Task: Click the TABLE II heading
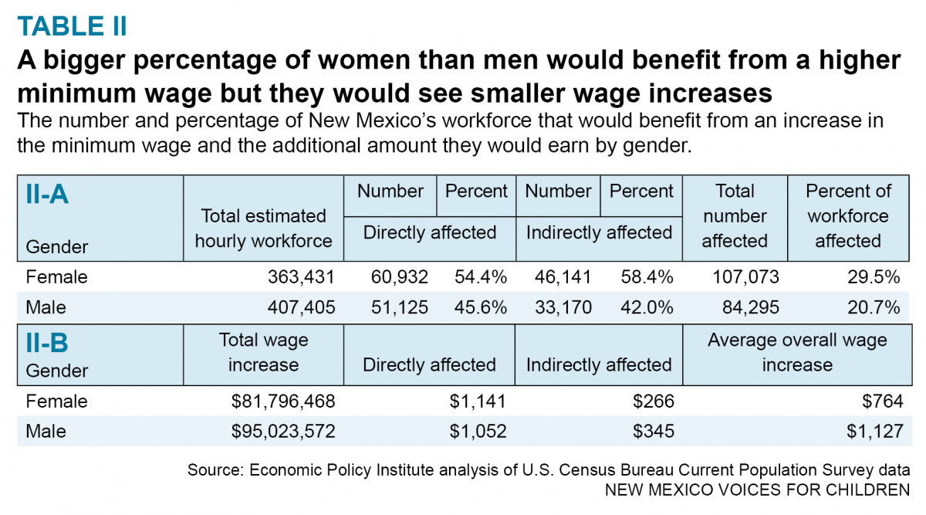point(72,25)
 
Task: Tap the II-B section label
point(48,342)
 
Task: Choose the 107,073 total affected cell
point(742,276)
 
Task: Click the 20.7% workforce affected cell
point(874,307)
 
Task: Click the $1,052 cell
point(478,432)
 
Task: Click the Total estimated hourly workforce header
point(263,229)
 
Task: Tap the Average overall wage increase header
point(797,352)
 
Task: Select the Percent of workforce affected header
point(847,216)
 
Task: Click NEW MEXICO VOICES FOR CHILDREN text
point(757,490)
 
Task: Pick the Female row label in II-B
point(57,401)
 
